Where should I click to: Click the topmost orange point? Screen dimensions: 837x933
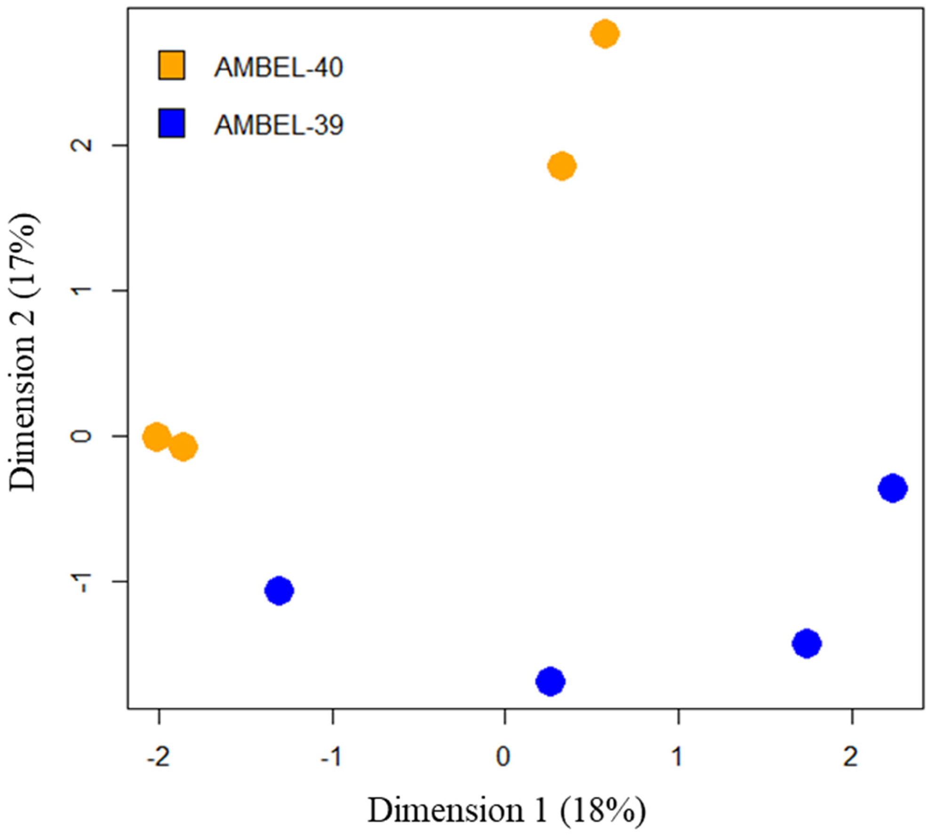pos(605,34)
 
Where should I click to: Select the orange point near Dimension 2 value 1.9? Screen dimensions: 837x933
pos(562,166)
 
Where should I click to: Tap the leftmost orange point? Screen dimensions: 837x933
pos(156,437)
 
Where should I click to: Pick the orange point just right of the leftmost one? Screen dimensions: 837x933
pos(183,447)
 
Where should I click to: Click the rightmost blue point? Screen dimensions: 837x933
pos(893,488)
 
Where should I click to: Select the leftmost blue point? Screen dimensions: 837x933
pos(279,590)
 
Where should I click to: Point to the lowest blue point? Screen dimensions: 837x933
pos(550,681)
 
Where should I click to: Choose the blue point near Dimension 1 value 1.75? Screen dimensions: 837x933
pos(806,643)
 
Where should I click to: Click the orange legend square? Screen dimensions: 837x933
pos(172,65)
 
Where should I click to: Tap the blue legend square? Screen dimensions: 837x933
pos(172,123)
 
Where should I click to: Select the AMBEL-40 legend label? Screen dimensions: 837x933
pos(279,67)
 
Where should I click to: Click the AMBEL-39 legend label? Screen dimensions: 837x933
pos(279,125)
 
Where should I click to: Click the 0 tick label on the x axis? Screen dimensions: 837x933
pos(503,757)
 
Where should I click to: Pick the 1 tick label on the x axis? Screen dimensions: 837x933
pos(677,757)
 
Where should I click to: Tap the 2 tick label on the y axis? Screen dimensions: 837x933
pos(81,145)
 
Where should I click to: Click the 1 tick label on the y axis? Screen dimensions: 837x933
pos(81,290)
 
